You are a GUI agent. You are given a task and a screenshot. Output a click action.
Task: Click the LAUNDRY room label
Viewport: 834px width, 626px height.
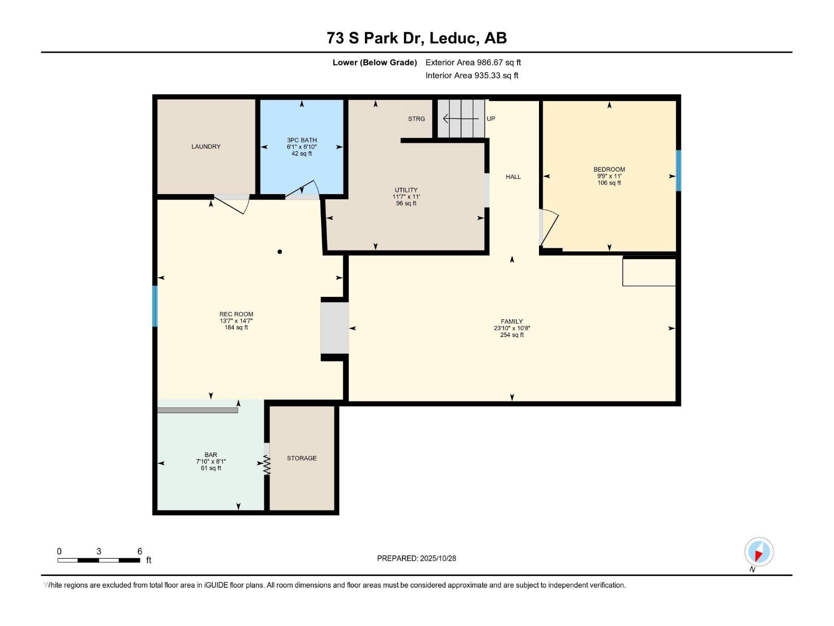tap(206, 147)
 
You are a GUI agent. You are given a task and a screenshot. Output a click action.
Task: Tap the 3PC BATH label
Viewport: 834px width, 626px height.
tap(302, 140)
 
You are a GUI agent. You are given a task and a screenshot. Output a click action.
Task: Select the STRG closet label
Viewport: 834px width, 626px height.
tap(416, 119)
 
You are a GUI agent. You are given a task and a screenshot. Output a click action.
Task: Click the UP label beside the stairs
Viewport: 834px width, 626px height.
tap(490, 119)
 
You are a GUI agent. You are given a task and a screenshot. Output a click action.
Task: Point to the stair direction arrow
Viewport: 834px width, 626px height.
tap(460, 119)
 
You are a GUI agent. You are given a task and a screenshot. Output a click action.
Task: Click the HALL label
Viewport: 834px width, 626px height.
tap(513, 177)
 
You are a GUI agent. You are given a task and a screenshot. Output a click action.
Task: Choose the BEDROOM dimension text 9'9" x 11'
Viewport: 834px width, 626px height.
tap(609, 176)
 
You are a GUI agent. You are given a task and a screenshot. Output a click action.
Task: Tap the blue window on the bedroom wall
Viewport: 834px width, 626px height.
tap(678, 171)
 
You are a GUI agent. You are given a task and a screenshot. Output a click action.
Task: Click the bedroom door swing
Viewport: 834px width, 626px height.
tap(549, 228)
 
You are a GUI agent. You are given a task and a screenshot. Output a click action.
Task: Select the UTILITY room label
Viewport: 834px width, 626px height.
tap(406, 190)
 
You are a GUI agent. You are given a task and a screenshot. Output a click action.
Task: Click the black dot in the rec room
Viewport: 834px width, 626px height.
tap(280, 252)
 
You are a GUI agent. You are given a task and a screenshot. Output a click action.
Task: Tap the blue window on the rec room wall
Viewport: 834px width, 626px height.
tap(155, 306)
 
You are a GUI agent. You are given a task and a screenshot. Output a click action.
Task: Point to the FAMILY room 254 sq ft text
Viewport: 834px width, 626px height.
tap(511, 335)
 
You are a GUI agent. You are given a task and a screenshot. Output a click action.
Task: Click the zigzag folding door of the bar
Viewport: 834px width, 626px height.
tap(267, 465)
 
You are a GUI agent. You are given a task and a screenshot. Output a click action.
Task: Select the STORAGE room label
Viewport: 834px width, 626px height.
tap(302, 458)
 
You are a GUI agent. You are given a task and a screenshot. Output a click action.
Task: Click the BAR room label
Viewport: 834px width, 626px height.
tap(211, 455)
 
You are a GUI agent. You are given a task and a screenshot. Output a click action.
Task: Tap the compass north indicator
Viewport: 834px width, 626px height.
tap(758, 552)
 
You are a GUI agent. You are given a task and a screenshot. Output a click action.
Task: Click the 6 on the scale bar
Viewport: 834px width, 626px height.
tap(140, 551)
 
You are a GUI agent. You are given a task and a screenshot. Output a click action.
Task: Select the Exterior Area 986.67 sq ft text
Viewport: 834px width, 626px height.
tap(473, 63)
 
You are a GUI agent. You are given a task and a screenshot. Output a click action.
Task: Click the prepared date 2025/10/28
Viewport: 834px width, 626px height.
tap(438, 558)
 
